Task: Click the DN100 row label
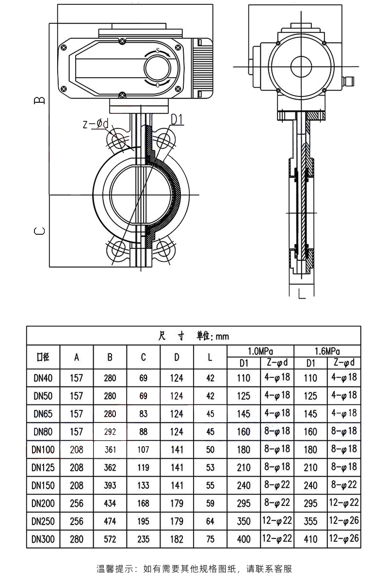(x=43, y=450)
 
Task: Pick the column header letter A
(x=77, y=357)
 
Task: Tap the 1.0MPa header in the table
(x=260, y=351)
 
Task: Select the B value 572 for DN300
(x=110, y=539)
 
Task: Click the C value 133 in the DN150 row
(x=144, y=485)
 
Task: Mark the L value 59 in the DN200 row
(x=210, y=503)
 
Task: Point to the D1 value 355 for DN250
(x=311, y=521)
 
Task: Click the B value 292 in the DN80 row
(x=110, y=432)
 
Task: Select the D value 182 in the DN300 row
(x=177, y=539)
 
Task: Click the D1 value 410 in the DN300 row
(x=311, y=539)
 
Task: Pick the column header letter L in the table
(x=210, y=357)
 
